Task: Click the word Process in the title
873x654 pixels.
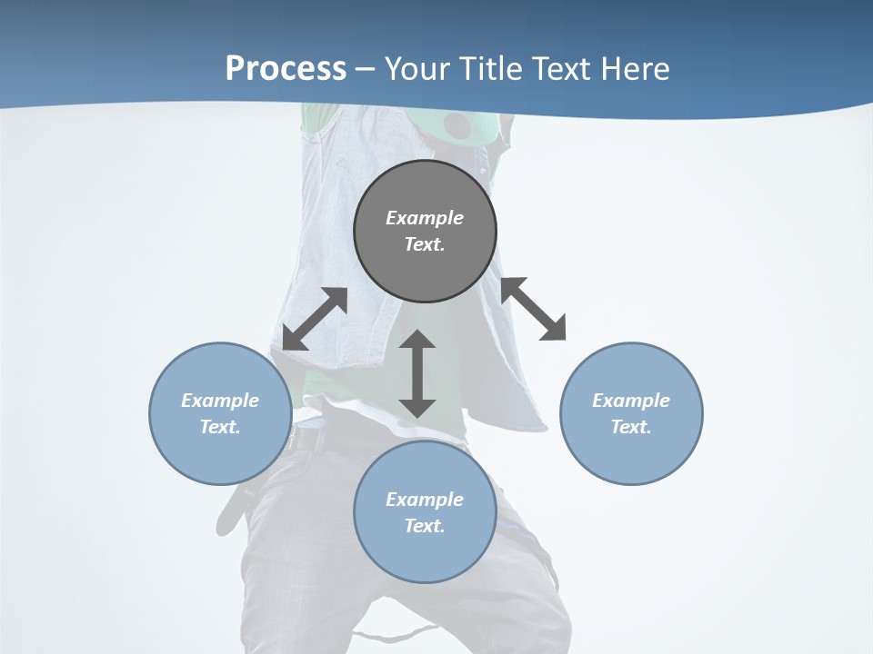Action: pyautogui.click(x=286, y=69)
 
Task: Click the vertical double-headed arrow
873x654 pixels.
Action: pyautogui.click(x=417, y=373)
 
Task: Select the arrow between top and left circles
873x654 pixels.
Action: pyautogui.click(x=315, y=318)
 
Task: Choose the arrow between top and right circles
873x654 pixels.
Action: pyautogui.click(x=534, y=309)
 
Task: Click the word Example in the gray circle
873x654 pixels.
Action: pyautogui.click(x=425, y=218)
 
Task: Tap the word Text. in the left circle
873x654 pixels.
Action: pyautogui.click(x=220, y=427)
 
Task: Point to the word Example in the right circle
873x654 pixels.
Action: pyautogui.click(x=631, y=401)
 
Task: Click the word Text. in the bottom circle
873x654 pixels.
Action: pyautogui.click(x=425, y=526)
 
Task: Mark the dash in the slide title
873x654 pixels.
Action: pyautogui.click(x=365, y=69)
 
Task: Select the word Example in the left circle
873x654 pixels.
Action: pyautogui.click(x=220, y=401)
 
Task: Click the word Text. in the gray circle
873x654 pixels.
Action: pyautogui.click(x=425, y=244)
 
